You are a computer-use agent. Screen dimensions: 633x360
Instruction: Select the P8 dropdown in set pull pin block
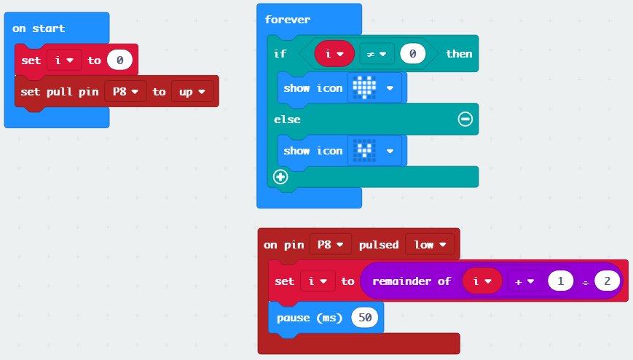126,92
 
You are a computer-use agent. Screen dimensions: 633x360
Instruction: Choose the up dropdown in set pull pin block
192,92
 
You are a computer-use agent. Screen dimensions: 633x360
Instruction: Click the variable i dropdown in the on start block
64,60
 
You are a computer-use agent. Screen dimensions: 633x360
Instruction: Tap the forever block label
288,20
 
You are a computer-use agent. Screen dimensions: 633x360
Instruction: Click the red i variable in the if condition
334,53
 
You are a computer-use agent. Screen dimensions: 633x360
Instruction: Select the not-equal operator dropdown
377,53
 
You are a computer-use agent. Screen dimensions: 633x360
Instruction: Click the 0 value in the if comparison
412,53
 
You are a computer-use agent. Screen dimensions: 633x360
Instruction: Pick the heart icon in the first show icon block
364,87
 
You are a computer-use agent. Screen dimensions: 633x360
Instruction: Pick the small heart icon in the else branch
364,151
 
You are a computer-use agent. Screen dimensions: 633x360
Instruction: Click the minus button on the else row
465,119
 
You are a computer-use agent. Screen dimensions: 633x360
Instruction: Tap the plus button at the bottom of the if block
280,176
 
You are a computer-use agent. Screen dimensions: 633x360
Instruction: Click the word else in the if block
287,119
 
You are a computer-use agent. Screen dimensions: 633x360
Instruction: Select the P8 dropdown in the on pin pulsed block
331,245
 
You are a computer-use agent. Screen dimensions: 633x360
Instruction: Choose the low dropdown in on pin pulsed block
430,245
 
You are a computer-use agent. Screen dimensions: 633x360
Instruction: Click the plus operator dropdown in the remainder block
524,281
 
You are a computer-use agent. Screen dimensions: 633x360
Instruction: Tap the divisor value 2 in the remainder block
606,281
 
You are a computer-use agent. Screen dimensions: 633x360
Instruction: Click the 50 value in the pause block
366,318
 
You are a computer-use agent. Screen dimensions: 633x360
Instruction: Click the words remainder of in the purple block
411,281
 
